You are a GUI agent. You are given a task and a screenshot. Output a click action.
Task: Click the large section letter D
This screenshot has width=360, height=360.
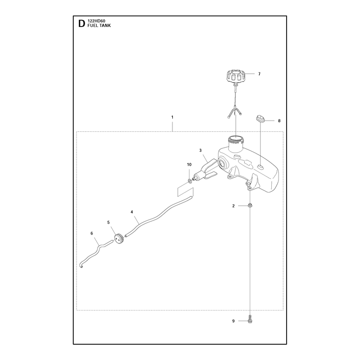[81, 24]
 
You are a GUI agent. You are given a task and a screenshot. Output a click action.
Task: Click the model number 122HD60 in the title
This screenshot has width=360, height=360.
[96, 21]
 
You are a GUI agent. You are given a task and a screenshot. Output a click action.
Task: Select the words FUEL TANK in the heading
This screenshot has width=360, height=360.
[99, 26]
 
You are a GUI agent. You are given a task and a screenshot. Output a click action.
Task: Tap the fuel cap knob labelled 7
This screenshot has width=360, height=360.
[235, 76]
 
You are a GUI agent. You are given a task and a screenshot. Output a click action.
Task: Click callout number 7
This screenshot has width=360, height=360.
[259, 74]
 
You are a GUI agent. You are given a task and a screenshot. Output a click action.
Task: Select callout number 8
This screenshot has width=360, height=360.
[279, 121]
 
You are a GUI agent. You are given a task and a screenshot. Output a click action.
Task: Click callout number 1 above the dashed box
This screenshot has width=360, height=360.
[172, 117]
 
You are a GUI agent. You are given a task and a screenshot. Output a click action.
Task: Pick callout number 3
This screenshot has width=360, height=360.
[200, 150]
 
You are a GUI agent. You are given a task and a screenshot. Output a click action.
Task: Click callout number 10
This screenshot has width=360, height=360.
[189, 164]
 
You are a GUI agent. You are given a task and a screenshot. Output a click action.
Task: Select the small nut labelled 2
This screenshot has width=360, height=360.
[250, 205]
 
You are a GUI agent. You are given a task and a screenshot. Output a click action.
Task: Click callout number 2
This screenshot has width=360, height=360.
[234, 206]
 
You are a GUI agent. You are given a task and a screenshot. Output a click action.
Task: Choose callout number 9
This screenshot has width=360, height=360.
[234, 321]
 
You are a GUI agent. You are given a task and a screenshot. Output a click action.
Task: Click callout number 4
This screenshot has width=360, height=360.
[132, 212]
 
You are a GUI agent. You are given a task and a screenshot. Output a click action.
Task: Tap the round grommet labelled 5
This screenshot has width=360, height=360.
[119, 239]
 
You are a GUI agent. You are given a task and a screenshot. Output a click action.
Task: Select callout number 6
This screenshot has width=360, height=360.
[92, 233]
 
